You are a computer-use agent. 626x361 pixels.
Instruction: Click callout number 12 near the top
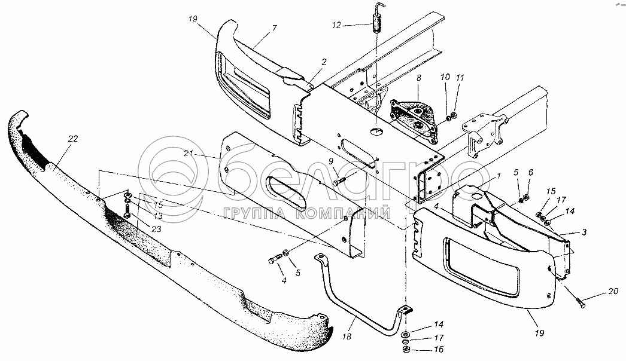pyautogui.click(x=337, y=25)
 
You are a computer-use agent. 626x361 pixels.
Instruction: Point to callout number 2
pyautogui.click(x=324, y=62)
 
